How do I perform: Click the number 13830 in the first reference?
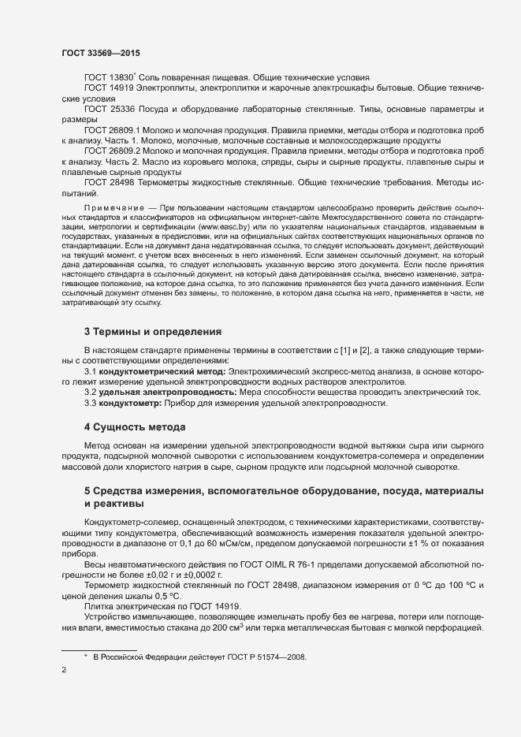pyautogui.click(x=121, y=77)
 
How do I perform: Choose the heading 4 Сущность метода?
pyautogui.click(x=135, y=427)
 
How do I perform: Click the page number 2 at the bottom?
pyautogui.click(x=64, y=672)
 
